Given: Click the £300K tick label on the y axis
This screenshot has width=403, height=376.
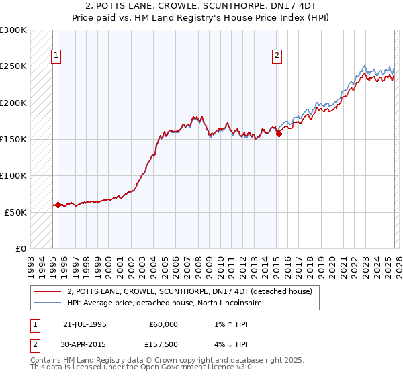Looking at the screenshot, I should (x=13, y=30).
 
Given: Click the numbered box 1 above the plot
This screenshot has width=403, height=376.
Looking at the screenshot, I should (x=56, y=56).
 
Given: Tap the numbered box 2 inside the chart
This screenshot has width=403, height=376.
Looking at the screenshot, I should (x=277, y=56).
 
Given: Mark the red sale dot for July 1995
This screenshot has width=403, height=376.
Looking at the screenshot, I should (x=58, y=205).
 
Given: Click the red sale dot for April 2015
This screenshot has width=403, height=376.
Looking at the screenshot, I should (x=279, y=134).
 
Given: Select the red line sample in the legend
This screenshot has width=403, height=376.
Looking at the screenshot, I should (x=47, y=292).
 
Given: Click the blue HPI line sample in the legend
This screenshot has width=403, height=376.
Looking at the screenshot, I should (x=47, y=303).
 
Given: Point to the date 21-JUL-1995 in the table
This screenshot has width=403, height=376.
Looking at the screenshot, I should (x=85, y=324).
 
